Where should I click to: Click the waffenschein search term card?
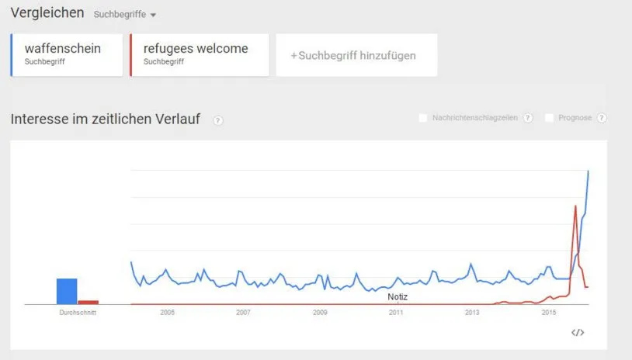[67, 55]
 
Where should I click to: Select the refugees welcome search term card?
[200, 55]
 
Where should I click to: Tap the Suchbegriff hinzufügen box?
[356, 55]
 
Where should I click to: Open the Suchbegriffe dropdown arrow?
[153, 16]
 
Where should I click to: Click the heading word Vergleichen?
[47, 13]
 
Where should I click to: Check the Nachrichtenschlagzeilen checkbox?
[423, 118]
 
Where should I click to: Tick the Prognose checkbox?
[549, 118]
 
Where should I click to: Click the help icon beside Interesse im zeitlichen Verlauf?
[218, 120]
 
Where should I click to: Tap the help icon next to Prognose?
[602, 118]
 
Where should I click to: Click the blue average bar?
[67, 291]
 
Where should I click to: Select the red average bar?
[89, 302]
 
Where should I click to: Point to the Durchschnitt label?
[78, 313]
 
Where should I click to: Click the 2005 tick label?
[167, 313]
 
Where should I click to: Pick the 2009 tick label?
[320, 313]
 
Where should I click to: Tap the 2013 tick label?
[472, 313]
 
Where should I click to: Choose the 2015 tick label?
[549, 313]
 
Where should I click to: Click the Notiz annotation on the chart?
[398, 297]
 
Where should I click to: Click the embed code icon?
[578, 332]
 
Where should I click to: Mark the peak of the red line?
[575, 206]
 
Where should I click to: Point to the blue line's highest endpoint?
[588, 171]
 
